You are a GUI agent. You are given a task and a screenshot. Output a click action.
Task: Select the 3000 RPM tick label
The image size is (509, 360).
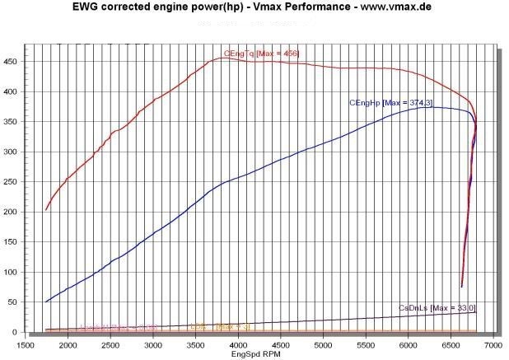pos(152,347)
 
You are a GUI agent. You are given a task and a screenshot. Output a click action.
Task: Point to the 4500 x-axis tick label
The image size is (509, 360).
pos(280,347)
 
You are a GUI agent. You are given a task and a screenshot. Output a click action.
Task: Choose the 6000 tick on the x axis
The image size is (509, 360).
pos(408,347)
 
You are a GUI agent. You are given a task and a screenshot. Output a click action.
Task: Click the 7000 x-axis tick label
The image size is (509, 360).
pos(493,347)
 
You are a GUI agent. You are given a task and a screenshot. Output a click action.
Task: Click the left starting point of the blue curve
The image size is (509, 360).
pos(46,302)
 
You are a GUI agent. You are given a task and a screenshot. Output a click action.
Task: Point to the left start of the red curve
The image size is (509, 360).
pos(46,210)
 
